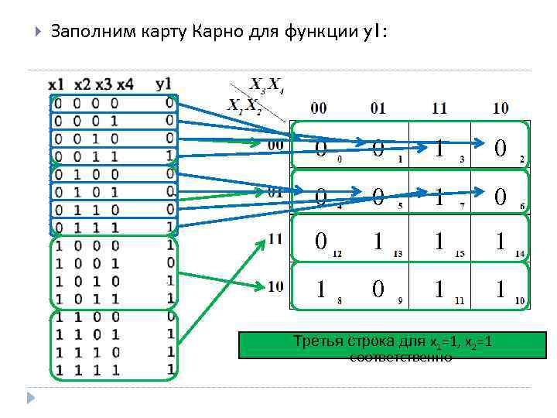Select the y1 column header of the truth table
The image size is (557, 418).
tap(164, 84)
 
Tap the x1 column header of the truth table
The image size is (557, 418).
tap(56, 84)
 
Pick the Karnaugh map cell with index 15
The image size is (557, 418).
tap(439, 242)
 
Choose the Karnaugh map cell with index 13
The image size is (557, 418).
tap(379, 242)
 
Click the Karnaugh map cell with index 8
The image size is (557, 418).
tap(320, 290)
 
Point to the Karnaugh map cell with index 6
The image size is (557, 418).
tap(501, 195)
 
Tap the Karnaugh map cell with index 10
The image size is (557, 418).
tap(501, 290)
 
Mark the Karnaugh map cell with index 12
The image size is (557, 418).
tap(320, 242)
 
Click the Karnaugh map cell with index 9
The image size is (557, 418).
tap(379, 290)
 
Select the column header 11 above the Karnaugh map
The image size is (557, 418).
tap(439, 108)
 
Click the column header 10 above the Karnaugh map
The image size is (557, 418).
tap(501, 108)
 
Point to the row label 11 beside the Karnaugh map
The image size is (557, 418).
tap(275, 239)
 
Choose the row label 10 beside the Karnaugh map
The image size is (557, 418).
tap(275, 286)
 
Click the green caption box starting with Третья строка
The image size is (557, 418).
tap(391, 344)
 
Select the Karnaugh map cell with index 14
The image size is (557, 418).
tap(501, 242)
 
